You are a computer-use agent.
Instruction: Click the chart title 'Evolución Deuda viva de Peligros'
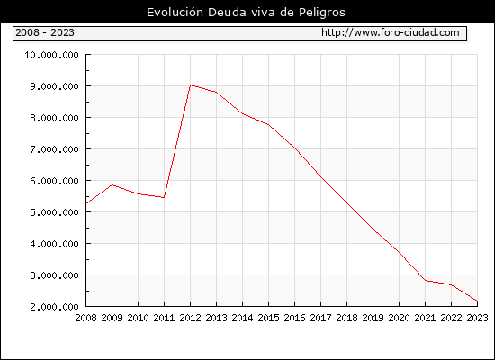(246, 13)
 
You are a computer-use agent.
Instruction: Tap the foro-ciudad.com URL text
(391, 32)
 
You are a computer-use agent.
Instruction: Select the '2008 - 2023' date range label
(45, 32)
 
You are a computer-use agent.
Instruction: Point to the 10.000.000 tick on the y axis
(51, 55)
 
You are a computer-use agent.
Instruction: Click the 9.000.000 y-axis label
(54, 86)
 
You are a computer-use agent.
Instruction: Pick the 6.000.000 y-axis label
(54, 181)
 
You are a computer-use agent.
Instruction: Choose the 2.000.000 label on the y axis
(54, 307)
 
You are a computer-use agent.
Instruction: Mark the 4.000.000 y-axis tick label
(54, 244)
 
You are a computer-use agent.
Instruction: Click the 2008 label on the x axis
(85, 318)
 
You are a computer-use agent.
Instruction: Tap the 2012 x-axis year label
(191, 318)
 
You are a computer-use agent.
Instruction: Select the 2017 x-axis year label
(320, 318)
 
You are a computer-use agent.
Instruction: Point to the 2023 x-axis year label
(477, 318)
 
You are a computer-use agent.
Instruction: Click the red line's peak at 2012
(191, 85)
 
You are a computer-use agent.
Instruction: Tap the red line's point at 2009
(112, 185)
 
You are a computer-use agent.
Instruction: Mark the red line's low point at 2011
(164, 198)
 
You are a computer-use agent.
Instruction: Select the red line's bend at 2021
(425, 280)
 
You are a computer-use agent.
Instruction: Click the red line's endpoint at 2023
(477, 301)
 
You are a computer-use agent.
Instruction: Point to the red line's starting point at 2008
(86, 203)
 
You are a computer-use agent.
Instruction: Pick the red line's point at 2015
(269, 125)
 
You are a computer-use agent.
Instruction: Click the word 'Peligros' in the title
(321, 13)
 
